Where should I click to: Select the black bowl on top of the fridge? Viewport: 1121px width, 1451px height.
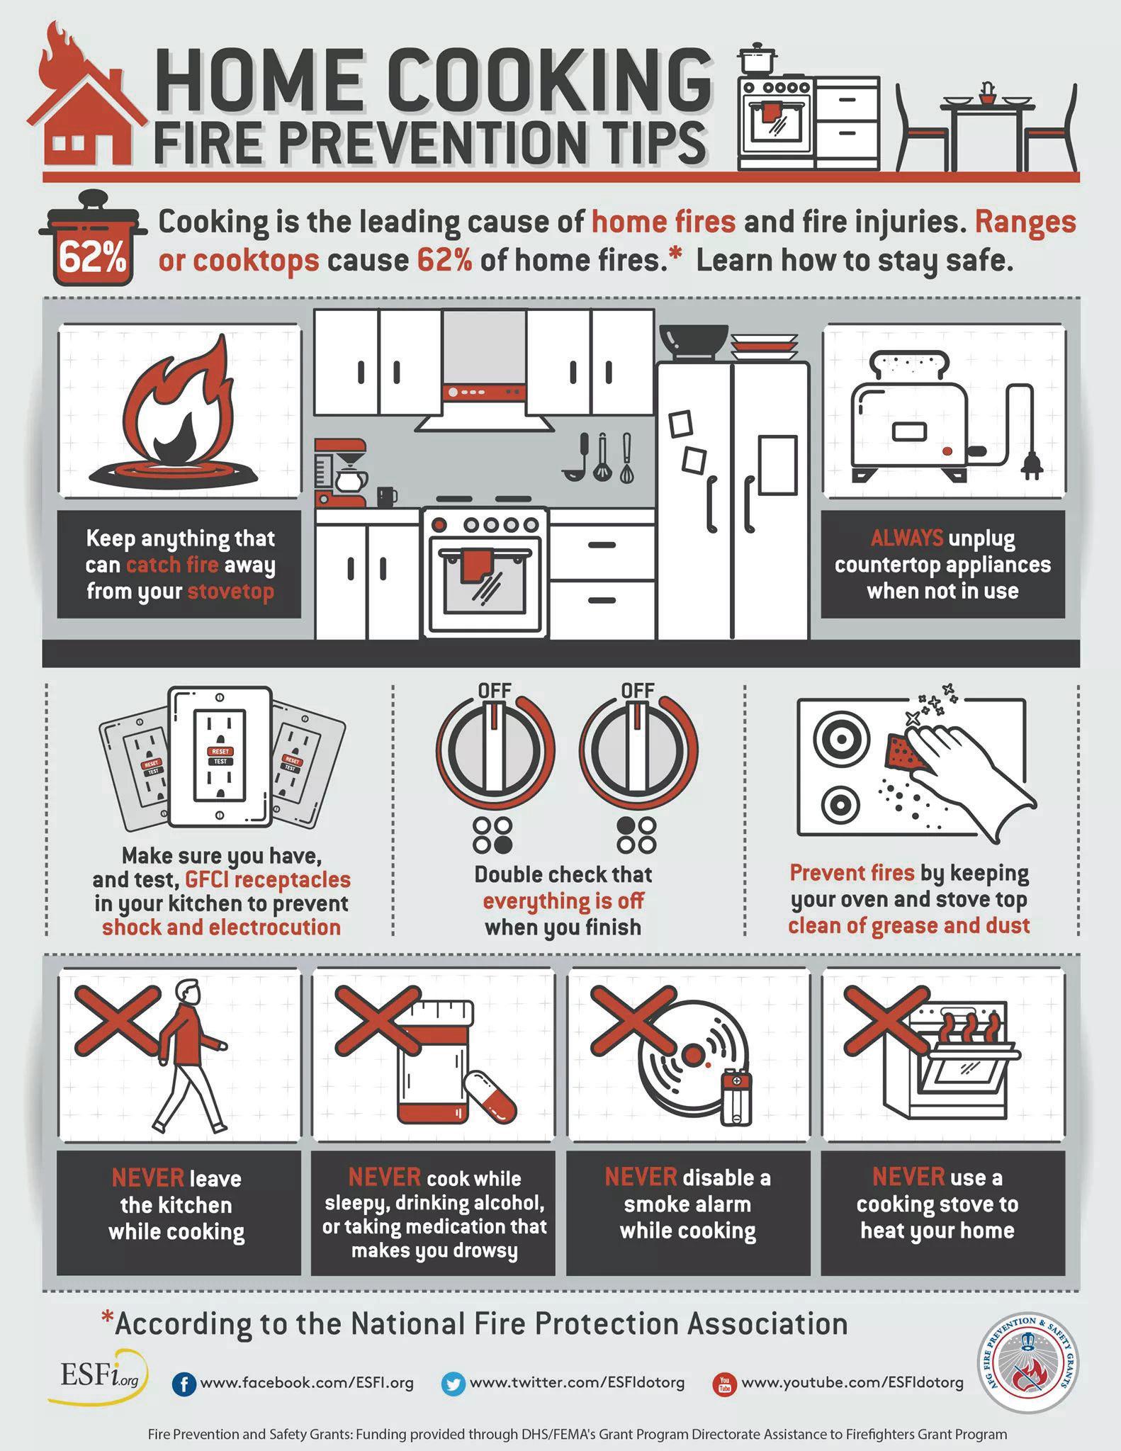pyautogui.click(x=694, y=342)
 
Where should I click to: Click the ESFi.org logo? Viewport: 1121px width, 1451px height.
pyautogui.click(x=98, y=1377)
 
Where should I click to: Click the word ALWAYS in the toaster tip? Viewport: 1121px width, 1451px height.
pyautogui.click(x=907, y=538)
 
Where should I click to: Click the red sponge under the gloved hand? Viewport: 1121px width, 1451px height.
pyautogui.click(x=906, y=752)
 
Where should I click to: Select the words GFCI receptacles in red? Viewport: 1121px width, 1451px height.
pyautogui.click(x=268, y=879)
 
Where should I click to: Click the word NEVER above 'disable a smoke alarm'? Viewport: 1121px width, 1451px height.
pyautogui.click(x=641, y=1177)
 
